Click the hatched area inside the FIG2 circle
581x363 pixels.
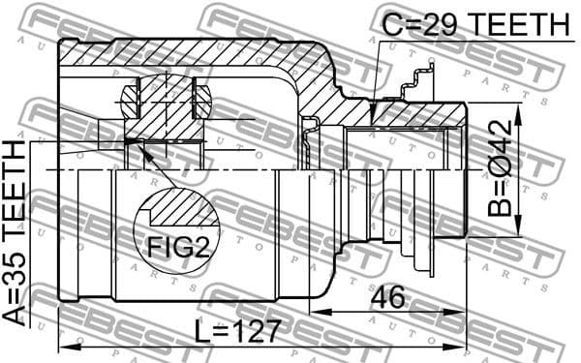tap(180, 211)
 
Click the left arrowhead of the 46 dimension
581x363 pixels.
tap(317, 313)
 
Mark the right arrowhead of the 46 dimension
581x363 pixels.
tap(460, 313)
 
